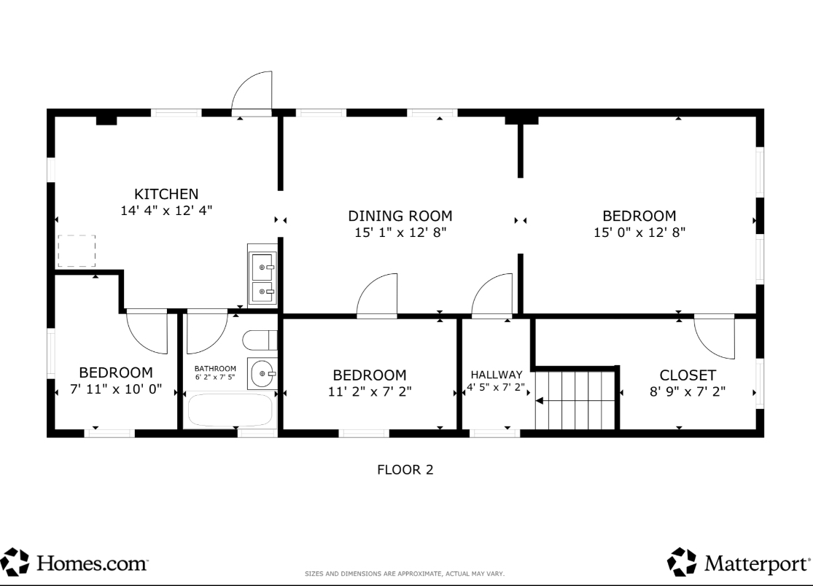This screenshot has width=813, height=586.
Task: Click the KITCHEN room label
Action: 166,194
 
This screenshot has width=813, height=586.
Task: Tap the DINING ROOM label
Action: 400,216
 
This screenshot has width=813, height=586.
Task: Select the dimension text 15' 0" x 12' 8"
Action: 639,232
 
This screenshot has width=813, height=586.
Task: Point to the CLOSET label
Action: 688,375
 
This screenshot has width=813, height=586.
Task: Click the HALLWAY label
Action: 497,375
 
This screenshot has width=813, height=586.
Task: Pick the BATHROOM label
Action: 215,368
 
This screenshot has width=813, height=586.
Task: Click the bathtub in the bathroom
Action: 230,410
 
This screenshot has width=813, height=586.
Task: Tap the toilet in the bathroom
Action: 260,340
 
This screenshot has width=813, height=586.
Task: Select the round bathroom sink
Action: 262,373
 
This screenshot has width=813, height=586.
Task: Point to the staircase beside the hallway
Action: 575,400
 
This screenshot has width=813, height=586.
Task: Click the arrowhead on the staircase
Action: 540,401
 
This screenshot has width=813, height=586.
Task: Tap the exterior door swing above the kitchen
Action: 252,91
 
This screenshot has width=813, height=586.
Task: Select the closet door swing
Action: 715,337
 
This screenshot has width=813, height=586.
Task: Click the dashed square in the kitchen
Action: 77,251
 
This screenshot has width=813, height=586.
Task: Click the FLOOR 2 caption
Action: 405,470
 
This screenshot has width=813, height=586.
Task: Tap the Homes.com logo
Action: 74,562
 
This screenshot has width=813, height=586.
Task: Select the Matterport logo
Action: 739,562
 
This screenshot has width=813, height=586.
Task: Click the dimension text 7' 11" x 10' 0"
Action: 116,389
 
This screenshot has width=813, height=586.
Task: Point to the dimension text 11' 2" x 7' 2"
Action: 370,391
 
